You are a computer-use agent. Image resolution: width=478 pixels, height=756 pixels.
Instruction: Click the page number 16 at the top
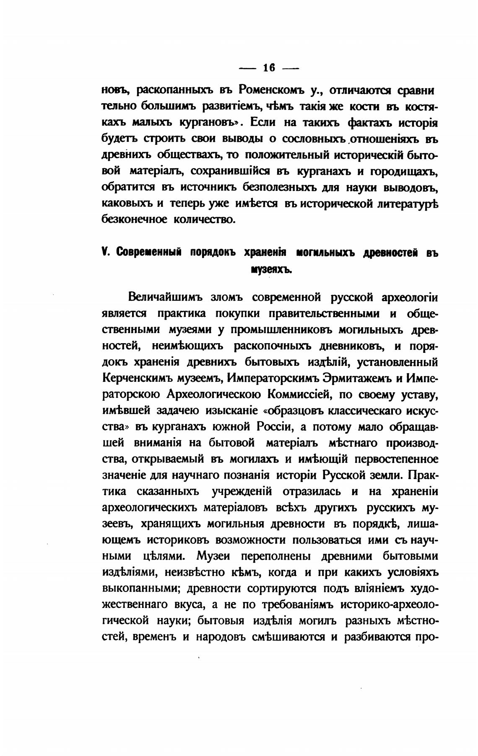tap(268, 68)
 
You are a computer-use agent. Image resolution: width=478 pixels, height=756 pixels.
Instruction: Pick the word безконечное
tap(135, 219)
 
